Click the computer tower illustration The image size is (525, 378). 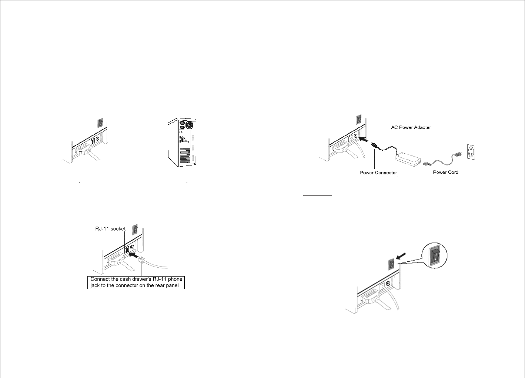(181, 143)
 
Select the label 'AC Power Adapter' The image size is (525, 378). (411, 127)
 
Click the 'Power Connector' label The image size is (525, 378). (378, 173)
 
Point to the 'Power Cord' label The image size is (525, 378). (445, 172)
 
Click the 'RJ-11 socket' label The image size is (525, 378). (110, 229)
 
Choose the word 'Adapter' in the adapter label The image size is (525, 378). (422, 127)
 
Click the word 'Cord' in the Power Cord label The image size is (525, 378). (452, 172)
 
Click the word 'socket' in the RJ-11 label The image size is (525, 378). (117, 229)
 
